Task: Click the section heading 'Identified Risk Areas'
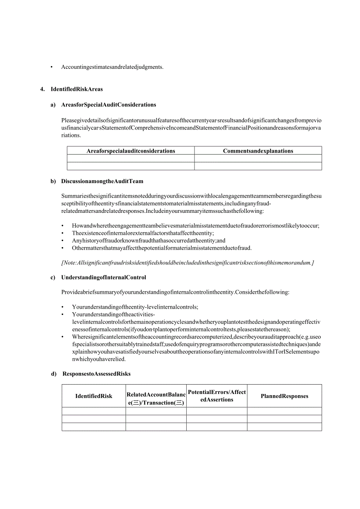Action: pos(77,89)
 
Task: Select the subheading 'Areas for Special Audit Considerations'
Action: pos(108,105)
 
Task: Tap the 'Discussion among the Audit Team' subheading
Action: pos(102,182)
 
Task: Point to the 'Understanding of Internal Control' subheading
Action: pos(103,278)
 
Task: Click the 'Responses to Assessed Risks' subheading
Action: pos(96,374)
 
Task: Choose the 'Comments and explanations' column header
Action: pos(258,151)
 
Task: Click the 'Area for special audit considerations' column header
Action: pos(131,151)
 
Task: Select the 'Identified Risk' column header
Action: pos(94,396)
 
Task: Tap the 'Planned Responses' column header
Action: pos(284,396)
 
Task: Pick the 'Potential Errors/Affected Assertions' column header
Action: pos(217,396)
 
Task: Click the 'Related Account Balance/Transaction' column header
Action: pos(156,399)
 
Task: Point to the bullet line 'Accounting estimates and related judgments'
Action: pos(112,67)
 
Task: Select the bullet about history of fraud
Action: pos(148,241)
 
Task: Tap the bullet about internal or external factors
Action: pos(142,233)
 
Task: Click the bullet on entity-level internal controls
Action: pos(135,307)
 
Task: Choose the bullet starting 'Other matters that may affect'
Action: pos(162,248)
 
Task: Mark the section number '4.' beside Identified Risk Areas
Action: pos(43,89)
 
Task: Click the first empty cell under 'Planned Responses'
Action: pos(284,411)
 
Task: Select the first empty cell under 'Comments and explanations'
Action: pos(258,158)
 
